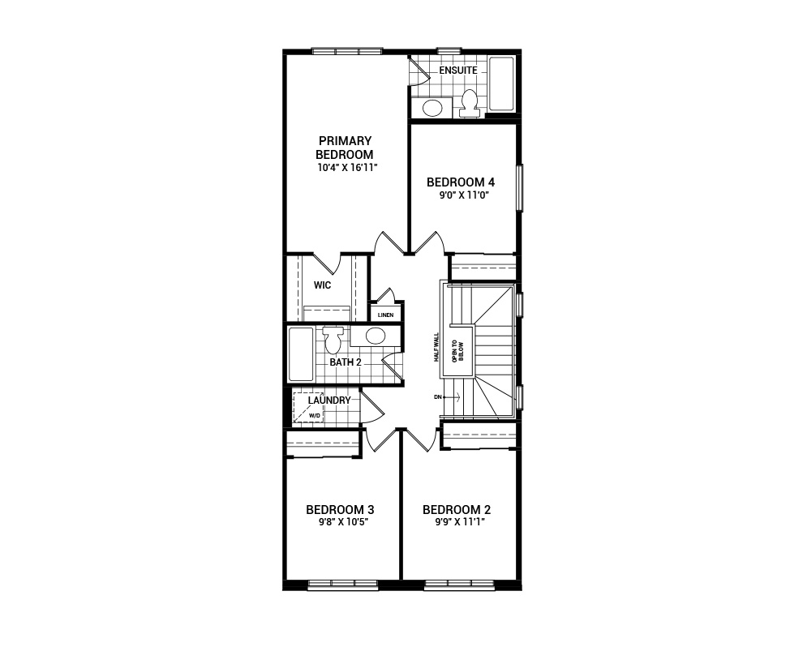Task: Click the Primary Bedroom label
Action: [345, 148]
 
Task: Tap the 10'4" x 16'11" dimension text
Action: [348, 168]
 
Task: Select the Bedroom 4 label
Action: [461, 182]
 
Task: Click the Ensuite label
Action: [458, 71]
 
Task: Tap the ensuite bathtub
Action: [501, 84]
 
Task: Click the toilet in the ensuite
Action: [468, 102]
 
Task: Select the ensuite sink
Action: [432, 107]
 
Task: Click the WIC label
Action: [322, 285]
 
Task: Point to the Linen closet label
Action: [385, 315]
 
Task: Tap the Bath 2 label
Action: [345, 362]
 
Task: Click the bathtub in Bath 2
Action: [301, 353]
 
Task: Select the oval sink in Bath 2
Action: [375, 336]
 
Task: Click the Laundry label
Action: [329, 401]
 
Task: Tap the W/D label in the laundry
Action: [314, 415]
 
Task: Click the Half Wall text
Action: [436, 347]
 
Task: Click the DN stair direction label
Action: [438, 397]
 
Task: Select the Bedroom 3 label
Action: [340, 510]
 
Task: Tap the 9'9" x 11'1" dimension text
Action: [457, 522]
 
